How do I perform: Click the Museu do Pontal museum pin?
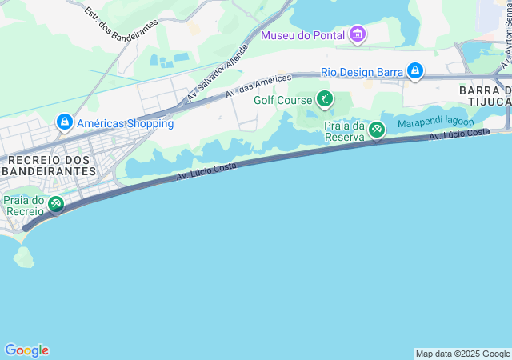pos(358,34)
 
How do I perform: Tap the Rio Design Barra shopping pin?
pos(414,72)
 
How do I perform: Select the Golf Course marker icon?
pos(324,100)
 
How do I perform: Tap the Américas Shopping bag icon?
pos(64,123)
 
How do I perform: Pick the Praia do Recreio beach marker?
pos(55,205)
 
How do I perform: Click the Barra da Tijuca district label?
pos(485,95)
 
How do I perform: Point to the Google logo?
pos(26,350)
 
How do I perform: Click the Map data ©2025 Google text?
pos(462,354)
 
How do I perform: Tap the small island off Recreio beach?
pos(23,257)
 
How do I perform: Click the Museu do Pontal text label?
pos(302,35)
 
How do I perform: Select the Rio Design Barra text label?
pos(362,72)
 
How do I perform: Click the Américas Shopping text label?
pos(125,123)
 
